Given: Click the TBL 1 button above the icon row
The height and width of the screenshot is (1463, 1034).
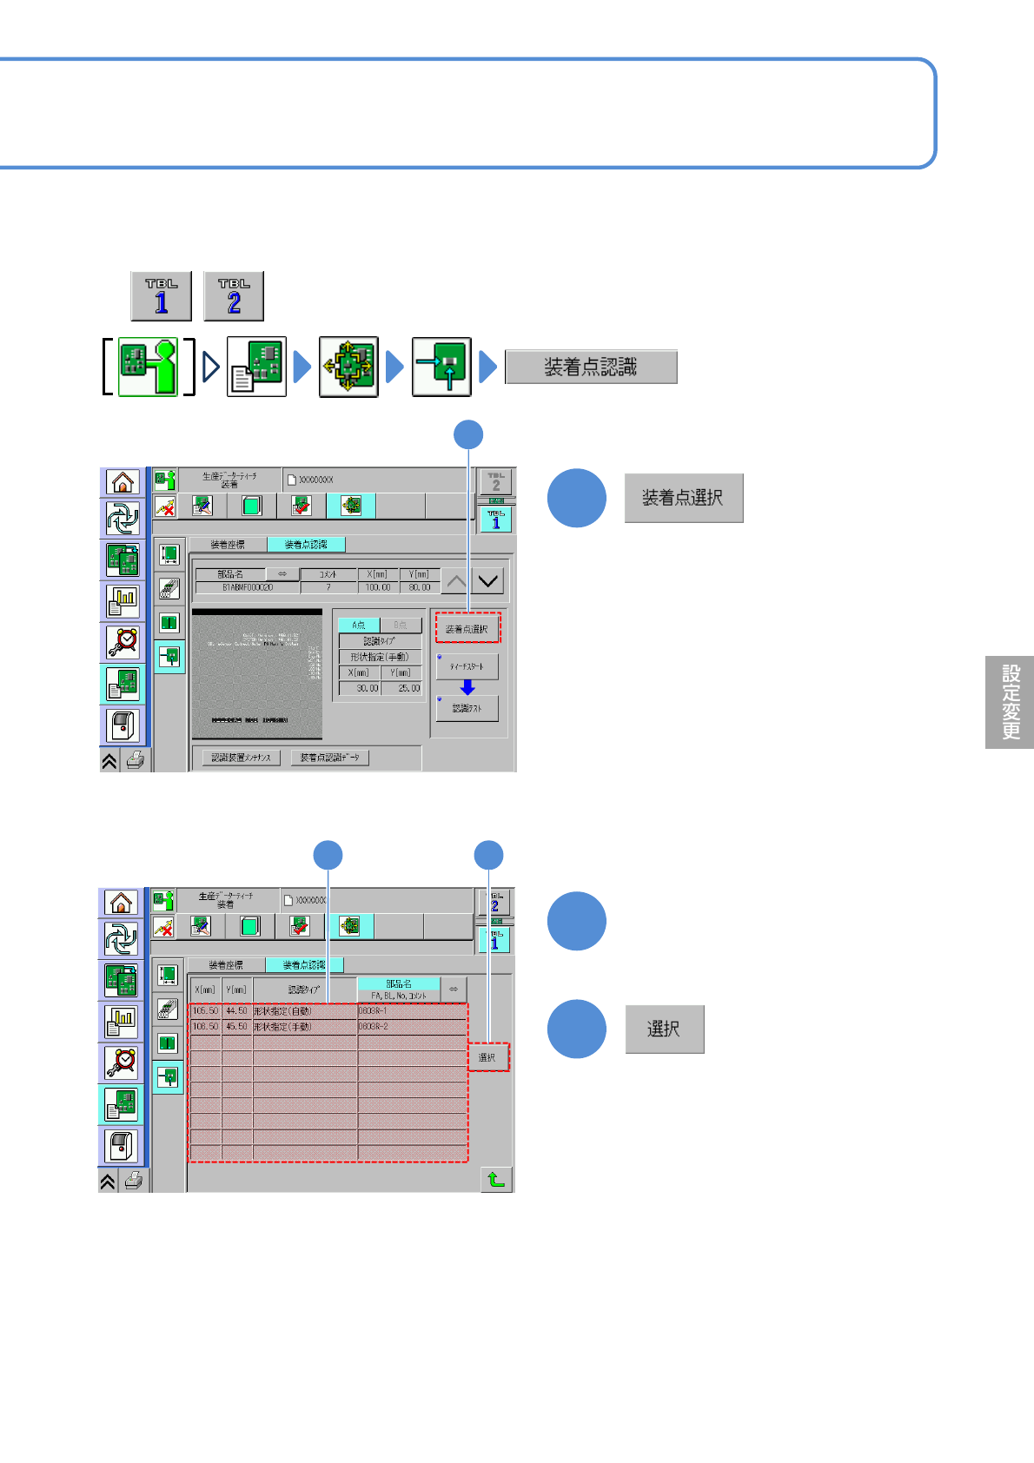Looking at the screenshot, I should (162, 296).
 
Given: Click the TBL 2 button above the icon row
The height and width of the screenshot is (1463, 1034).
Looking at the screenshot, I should (234, 296).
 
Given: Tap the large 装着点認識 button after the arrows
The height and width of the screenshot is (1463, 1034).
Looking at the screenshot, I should (591, 367).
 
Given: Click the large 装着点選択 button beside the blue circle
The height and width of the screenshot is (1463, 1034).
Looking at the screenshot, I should (684, 498).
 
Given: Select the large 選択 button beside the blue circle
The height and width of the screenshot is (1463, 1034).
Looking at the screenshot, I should (665, 1029).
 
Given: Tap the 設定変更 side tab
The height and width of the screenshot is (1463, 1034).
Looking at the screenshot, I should (1010, 702).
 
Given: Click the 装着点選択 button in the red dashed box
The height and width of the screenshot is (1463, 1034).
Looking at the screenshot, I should (467, 628).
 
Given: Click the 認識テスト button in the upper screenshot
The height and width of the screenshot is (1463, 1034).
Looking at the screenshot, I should (467, 709).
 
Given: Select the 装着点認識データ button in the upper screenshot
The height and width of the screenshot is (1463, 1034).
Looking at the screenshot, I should (330, 758).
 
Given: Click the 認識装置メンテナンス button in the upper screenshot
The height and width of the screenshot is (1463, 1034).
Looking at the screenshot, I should (242, 758).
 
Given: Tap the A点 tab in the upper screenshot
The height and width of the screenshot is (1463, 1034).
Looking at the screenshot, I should (358, 625).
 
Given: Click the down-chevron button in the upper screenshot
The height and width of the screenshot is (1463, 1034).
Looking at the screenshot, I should (488, 581).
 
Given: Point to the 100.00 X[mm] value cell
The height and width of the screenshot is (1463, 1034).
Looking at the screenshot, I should (378, 587).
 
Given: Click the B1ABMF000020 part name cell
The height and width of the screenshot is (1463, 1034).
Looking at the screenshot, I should (248, 587).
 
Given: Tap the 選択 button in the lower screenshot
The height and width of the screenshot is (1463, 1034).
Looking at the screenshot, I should (487, 1057).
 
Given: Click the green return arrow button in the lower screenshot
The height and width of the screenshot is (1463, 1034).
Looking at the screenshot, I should (496, 1180).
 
